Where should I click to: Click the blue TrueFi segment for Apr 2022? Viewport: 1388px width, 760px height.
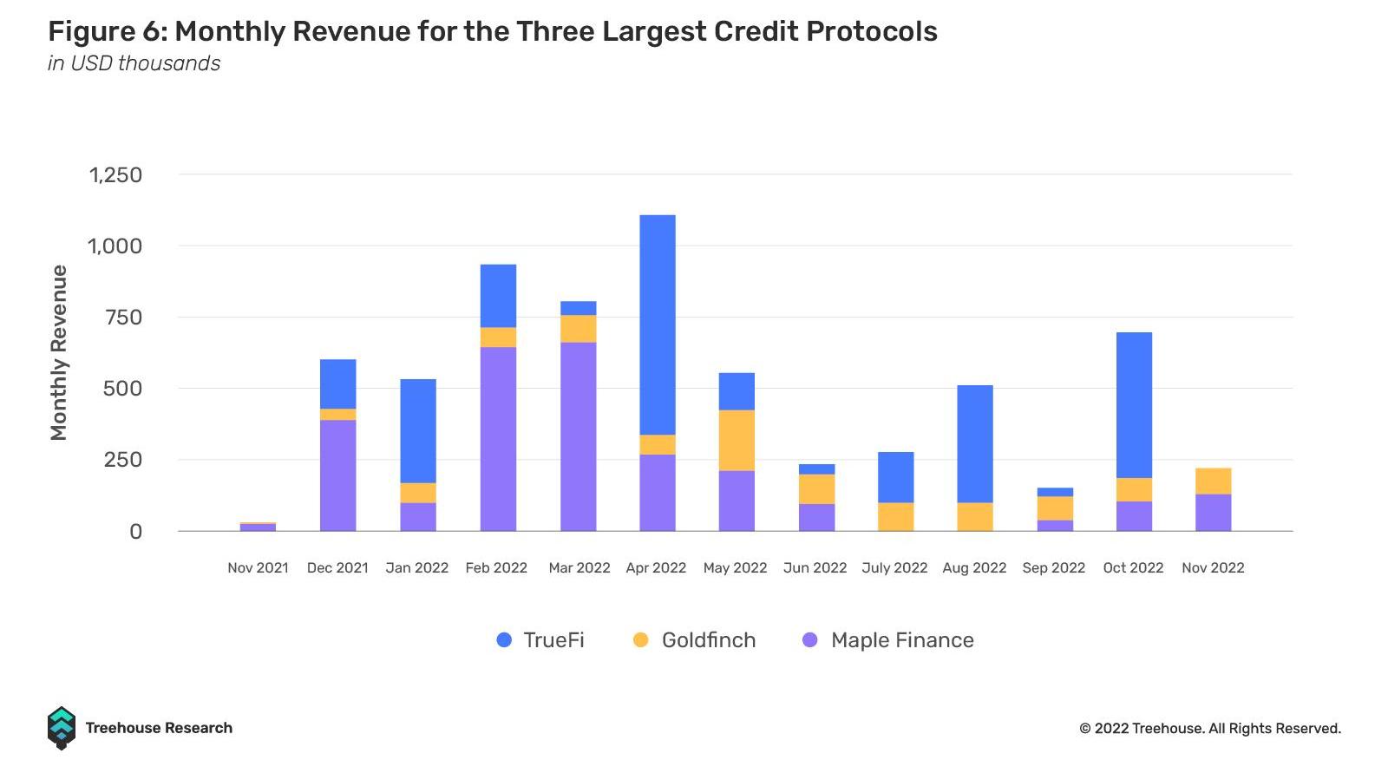click(x=657, y=324)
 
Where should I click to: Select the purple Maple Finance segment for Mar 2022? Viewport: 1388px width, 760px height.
click(x=578, y=436)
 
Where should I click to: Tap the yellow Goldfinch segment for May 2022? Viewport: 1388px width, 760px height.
click(x=737, y=440)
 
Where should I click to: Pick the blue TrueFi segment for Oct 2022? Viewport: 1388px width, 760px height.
click(x=1134, y=405)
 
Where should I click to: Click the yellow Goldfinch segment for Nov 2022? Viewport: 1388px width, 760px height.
click(x=1213, y=482)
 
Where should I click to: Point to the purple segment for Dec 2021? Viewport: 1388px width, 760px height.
click(x=337, y=475)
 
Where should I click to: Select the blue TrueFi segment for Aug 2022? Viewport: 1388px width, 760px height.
click(x=974, y=444)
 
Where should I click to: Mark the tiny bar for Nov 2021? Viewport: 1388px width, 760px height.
click(x=258, y=527)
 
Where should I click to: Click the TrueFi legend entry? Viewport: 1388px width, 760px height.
click(x=540, y=640)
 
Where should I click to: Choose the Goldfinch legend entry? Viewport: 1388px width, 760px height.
click(x=695, y=640)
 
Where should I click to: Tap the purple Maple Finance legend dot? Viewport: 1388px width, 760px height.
click(x=810, y=640)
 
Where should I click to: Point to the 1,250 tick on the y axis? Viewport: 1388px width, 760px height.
click(x=115, y=174)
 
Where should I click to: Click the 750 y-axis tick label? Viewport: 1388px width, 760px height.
click(x=122, y=318)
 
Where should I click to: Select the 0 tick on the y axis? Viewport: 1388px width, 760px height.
click(x=135, y=532)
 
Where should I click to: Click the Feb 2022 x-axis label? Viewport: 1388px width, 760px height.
click(x=496, y=568)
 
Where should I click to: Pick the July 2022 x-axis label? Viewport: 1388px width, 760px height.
click(x=894, y=568)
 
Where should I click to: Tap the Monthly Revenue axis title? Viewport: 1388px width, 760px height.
click(x=59, y=352)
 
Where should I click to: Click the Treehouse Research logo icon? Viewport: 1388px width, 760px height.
click(x=61, y=728)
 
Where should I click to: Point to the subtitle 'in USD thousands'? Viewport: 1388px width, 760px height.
click(x=134, y=63)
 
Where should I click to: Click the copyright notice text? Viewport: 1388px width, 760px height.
click(x=1209, y=729)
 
